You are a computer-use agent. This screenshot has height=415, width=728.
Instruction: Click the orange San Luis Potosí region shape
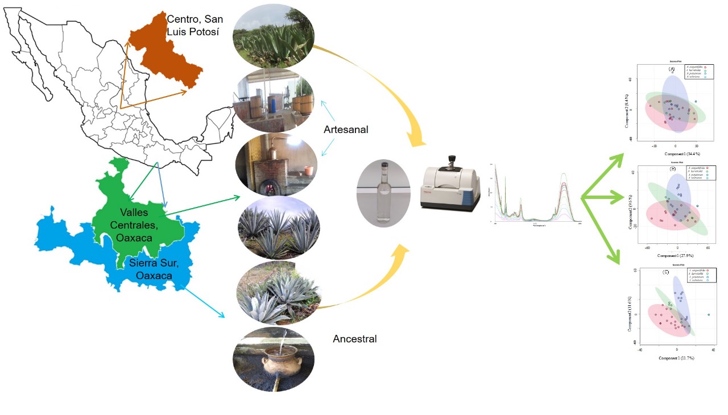(x=165, y=54)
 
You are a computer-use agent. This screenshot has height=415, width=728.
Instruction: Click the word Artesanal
(x=346, y=130)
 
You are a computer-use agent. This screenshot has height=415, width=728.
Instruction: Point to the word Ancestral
(x=354, y=339)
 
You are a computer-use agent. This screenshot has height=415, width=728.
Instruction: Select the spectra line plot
(x=535, y=193)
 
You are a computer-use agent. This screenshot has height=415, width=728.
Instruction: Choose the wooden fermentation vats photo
(x=274, y=102)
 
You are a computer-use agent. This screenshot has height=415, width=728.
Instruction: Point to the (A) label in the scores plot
(x=672, y=69)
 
